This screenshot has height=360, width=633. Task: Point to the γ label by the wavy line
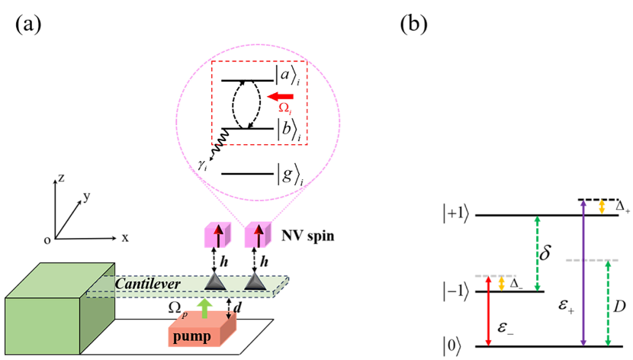pyautogui.click(x=201, y=163)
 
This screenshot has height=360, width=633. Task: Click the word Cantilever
pyautogui.click(x=147, y=284)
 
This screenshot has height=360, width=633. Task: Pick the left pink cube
pyautogui.click(x=217, y=235)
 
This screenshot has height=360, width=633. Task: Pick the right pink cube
pyautogui.click(x=258, y=235)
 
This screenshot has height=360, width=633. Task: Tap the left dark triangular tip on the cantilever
pyautogui.click(x=216, y=281)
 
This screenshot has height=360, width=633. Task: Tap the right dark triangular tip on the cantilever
pyautogui.click(x=255, y=281)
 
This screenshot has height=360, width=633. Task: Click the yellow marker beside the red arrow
pyautogui.click(x=501, y=284)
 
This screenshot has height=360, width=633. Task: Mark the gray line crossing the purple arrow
pyautogui.click(x=592, y=260)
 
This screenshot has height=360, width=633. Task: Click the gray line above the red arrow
pyautogui.click(x=495, y=275)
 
